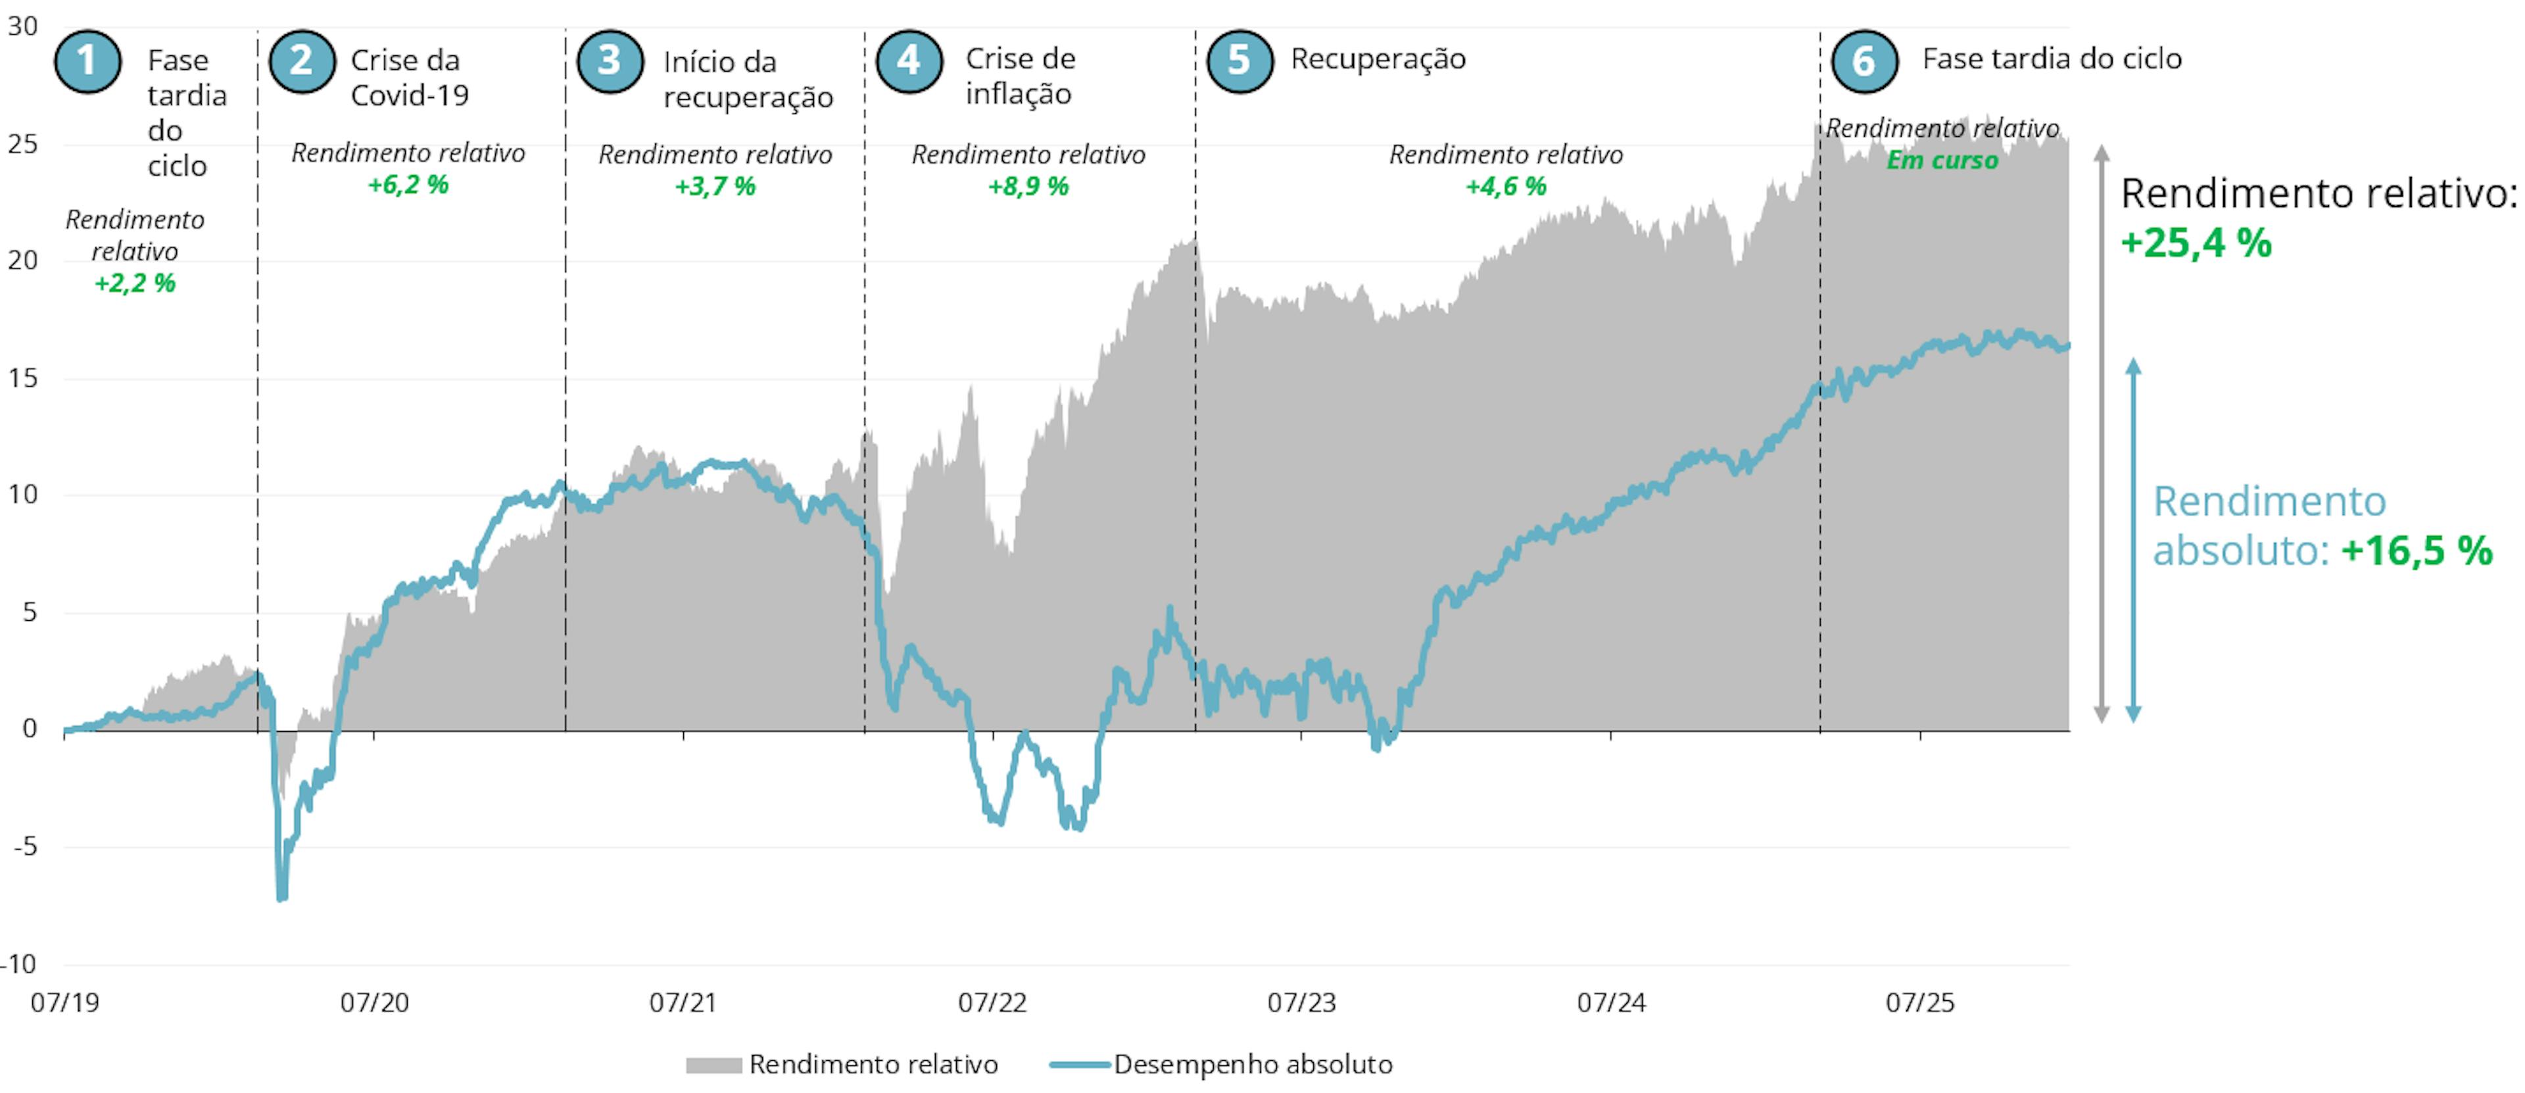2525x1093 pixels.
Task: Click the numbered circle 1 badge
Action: (87, 61)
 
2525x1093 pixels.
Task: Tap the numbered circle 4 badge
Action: (909, 61)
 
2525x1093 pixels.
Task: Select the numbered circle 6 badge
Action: (1864, 61)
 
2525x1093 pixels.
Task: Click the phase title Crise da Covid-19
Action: (409, 78)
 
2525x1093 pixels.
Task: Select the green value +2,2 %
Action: (134, 283)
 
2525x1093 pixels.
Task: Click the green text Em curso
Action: (1941, 160)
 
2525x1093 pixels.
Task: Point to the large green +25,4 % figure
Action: (2196, 243)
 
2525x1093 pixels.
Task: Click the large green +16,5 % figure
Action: (2417, 551)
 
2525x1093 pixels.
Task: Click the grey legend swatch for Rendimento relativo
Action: (713, 1065)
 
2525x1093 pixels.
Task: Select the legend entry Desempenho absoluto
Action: (1252, 1065)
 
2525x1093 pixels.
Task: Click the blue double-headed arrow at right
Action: (2133, 540)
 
